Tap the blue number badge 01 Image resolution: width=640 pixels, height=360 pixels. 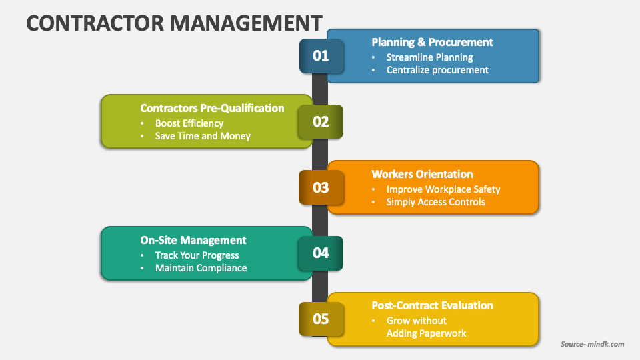[321, 55]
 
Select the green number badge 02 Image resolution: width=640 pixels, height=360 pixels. [321, 121]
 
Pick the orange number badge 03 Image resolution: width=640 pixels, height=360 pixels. [321, 187]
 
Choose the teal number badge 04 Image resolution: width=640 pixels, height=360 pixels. [321, 253]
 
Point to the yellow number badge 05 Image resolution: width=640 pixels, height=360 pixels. [321, 319]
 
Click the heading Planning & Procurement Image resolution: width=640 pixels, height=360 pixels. [432, 42]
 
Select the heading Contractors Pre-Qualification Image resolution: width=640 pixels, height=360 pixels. [212, 108]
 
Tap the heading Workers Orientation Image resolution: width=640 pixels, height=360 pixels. [422, 174]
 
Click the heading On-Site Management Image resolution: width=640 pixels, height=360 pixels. [193, 240]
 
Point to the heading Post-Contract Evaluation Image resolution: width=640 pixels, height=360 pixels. [432, 305]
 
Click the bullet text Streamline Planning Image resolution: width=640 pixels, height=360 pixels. [429, 57]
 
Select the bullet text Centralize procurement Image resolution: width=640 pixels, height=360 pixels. [437, 70]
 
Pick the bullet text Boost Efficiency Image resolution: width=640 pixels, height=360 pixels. [189, 123]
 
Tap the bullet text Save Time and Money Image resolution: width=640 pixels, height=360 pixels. [203, 136]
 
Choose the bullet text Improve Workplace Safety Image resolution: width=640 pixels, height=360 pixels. [443, 189]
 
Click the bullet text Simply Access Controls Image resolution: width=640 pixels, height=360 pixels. [435, 202]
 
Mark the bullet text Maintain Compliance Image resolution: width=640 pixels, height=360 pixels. [201, 268]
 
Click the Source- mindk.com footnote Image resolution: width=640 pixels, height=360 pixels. [592, 344]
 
